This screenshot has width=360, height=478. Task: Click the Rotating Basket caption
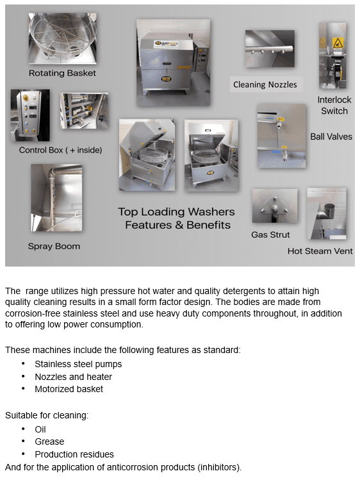[x=62, y=73]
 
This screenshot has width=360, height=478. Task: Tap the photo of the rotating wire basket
[x=61, y=38]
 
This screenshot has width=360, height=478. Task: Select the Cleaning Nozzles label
[x=265, y=85]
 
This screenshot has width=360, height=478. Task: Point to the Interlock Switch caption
[x=333, y=105]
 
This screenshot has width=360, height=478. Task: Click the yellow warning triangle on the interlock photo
[x=338, y=43]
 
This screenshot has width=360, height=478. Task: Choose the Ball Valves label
[x=331, y=136]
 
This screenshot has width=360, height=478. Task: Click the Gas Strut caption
[x=270, y=235]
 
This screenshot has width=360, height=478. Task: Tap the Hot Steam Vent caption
[x=320, y=251]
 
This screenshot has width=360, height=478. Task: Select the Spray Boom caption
[x=53, y=246]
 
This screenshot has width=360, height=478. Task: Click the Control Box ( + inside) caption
[x=60, y=150]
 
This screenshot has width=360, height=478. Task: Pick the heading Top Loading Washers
[x=176, y=211]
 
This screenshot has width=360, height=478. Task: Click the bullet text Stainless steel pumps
[x=78, y=364]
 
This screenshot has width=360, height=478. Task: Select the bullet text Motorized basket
[x=69, y=389]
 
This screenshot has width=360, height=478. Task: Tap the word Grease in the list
[x=49, y=441]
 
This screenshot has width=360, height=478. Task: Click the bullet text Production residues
[x=74, y=454]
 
